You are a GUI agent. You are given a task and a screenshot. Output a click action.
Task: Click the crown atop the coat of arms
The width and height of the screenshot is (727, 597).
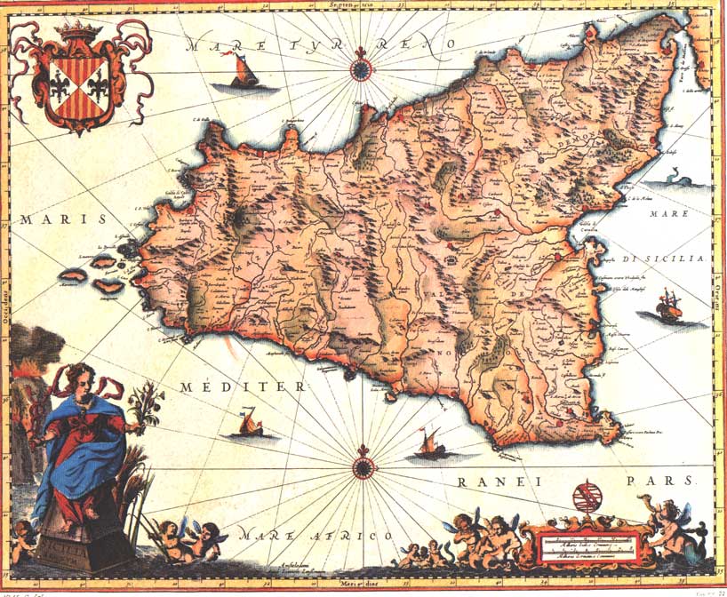point(81,33)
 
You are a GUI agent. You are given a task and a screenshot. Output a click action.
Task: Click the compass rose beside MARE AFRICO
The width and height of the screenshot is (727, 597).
point(363,466)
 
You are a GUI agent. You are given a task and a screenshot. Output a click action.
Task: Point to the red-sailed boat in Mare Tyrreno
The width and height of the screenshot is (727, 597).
point(243,72)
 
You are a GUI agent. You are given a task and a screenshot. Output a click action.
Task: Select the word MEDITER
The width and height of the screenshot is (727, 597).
point(242,387)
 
